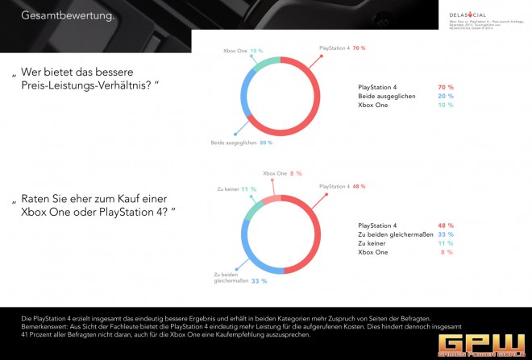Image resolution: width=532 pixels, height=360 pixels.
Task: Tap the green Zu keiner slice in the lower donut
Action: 251,204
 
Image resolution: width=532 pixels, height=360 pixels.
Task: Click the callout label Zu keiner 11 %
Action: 239,188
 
